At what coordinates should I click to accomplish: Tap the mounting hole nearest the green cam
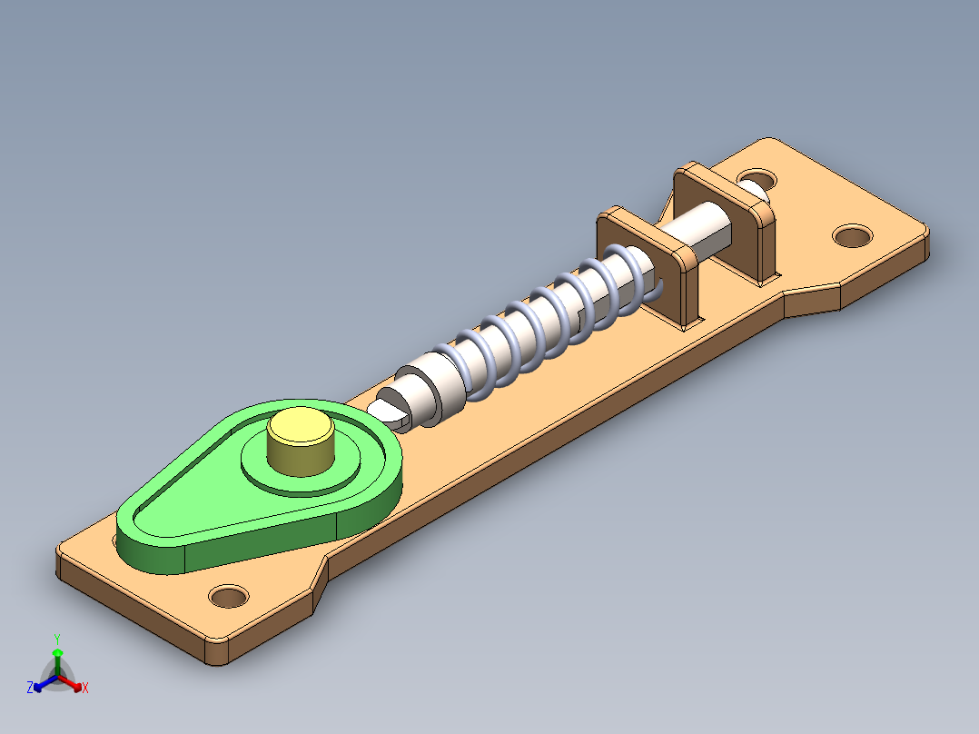click(228, 597)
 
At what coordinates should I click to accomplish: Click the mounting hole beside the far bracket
click(851, 236)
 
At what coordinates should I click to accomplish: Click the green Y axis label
click(56, 638)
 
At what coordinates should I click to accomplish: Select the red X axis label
click(84, 688)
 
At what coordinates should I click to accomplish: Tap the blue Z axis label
click(30, 688)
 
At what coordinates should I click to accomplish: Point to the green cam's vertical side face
click(263, 542)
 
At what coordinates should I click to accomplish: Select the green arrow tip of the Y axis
click(56, 652)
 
